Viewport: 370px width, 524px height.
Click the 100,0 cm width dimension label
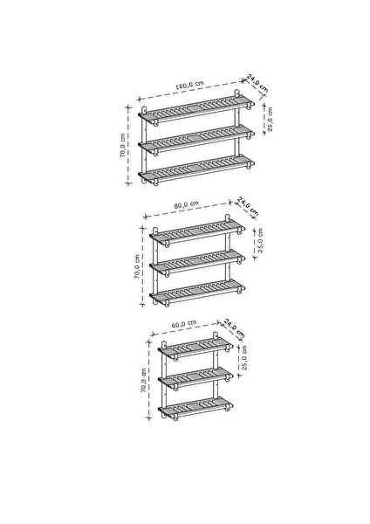click(x=189, y=85)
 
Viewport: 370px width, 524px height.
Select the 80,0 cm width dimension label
click(x=187, y=204)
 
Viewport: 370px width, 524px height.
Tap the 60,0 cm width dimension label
click(x=184, y=324)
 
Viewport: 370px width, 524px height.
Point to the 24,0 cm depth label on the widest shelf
click(x=257, y=83)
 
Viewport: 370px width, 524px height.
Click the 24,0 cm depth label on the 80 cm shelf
click(x=248, y=206)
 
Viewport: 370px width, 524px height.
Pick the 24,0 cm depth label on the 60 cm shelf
click(x=234, y=327)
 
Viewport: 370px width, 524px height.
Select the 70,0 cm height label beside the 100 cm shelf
click(x=122, y=145)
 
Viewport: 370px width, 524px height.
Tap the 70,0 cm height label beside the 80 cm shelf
click(x=137, y=266)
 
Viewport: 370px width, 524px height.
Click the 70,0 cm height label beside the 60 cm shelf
click(x=144, y=380)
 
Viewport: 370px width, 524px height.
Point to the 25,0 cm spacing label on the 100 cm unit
click(x=270, y=119)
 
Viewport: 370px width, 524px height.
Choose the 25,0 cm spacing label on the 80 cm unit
click(x=260, y=240)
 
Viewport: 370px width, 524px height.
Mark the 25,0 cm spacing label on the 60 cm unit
click(x=244, y=357)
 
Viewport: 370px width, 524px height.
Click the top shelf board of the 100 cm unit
click(x=196, y=108)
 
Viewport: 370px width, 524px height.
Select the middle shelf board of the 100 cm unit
click(x=196, y=138)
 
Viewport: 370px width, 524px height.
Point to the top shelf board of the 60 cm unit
click(x=195, y=348)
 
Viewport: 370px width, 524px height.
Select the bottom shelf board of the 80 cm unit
click(x=197, y=291)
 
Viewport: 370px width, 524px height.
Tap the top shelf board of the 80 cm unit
click(x=197, y=231)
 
